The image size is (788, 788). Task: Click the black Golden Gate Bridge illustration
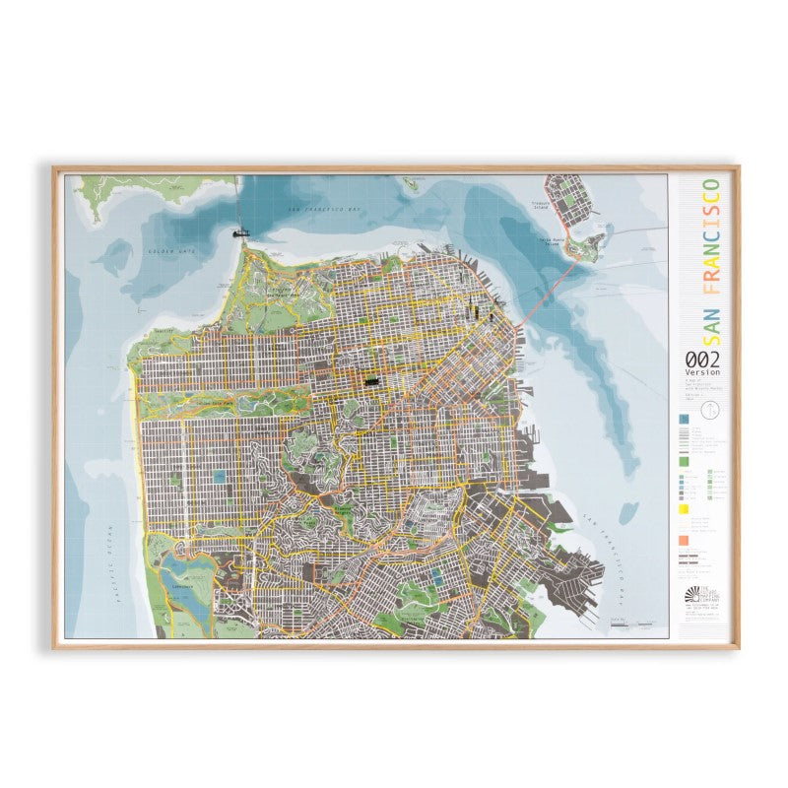pyautogui.click(x=238, y=232)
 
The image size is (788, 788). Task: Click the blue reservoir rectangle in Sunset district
pyautogui.click(x=219, y=477)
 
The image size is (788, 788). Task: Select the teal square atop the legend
pyautogui.click(x=682, y=420)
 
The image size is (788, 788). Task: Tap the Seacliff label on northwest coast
pyautogui.click(x=164, y=331)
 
